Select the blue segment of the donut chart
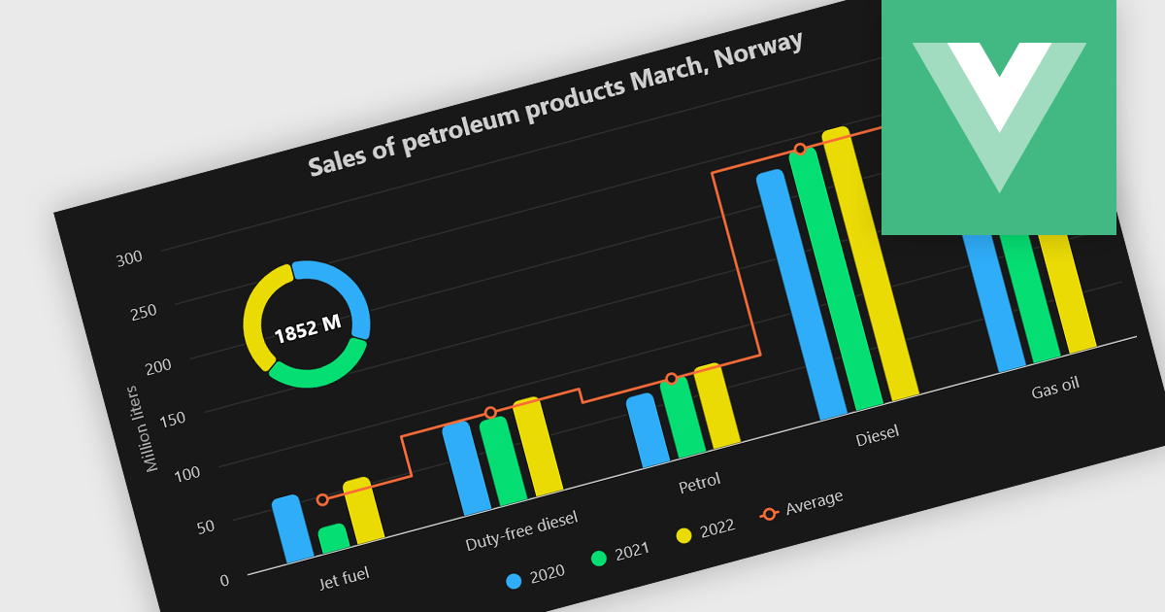coord(345,289)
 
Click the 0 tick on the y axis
coord(224,580)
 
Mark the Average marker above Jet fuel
coord(322,499)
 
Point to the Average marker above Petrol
coord(671,379)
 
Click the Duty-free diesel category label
coord(521,529)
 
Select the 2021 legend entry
coord(621,553)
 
